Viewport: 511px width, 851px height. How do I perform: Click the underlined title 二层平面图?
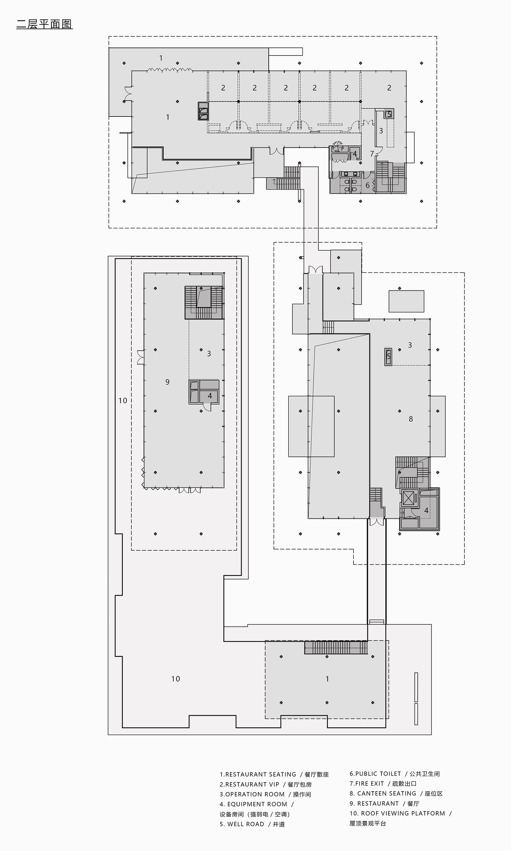point(44,24)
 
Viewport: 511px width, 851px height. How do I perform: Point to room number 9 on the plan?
point(167,382)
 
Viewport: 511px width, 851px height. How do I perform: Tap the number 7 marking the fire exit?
point(372,154)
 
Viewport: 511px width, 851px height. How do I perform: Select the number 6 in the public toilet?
point(367,185)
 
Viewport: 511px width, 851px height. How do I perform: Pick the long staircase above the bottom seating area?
point(336,648)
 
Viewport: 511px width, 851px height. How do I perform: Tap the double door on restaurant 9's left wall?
point(140,357)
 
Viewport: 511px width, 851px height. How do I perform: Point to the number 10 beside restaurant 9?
point(123,400)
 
